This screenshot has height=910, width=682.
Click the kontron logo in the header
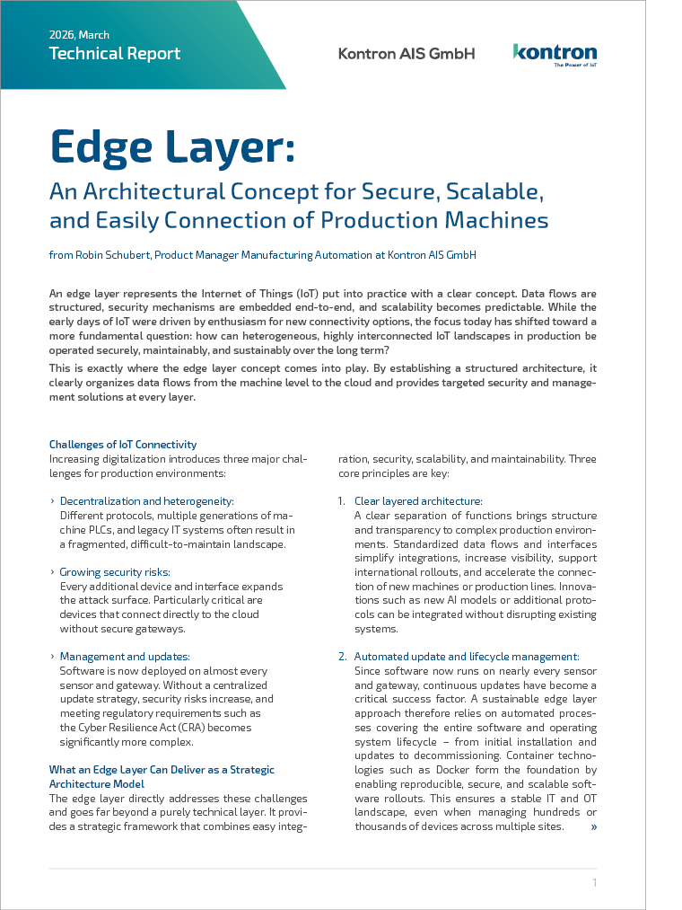(x=555, y=52)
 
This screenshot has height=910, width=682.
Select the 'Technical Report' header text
(x=115, y=54)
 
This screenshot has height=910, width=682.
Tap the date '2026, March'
(x=79, y=35)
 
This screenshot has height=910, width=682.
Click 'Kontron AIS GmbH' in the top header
(x=407, y=54)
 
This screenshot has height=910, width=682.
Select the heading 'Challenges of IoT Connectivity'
(x=123, y=444)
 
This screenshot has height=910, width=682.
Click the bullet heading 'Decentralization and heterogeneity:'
(x=146, y=501)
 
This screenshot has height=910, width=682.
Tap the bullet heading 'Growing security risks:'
(x=115, y=571)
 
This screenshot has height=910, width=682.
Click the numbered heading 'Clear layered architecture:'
(x=418, y=501)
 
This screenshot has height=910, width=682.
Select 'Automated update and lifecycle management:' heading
(x=467, y=657)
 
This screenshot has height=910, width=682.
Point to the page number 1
(x=594, y=883)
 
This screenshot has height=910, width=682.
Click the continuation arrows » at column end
(x=593, y=826)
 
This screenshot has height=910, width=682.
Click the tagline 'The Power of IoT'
(x=574, y=66)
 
